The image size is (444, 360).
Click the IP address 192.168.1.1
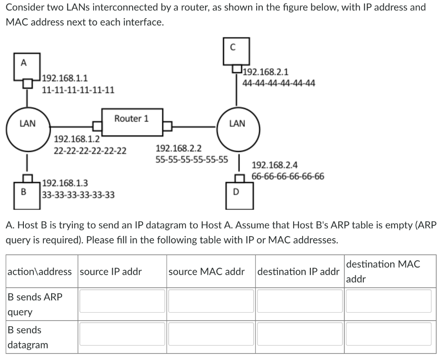click(x=65, y=78)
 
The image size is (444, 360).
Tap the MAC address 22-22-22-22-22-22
click(x=90, y=151)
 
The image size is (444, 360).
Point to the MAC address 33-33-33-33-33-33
click(x=78, y=195)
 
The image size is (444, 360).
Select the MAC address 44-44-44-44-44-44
click(x=279, y=82)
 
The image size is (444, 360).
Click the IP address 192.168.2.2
click(x=178, y=149)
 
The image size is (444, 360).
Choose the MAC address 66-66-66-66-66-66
click(x=287, y=176)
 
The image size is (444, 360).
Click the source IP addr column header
click(x=111, y=272)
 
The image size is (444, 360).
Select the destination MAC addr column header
click(x=383, y=271)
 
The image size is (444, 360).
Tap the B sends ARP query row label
click(x=35, y=305)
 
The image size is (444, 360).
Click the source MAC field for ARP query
click(x=211, y=301)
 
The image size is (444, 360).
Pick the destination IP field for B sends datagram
click(x=299, y=334)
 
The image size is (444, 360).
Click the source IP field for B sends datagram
click(x=122, y=334)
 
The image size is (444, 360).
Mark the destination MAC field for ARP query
click(x=389, y=301)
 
